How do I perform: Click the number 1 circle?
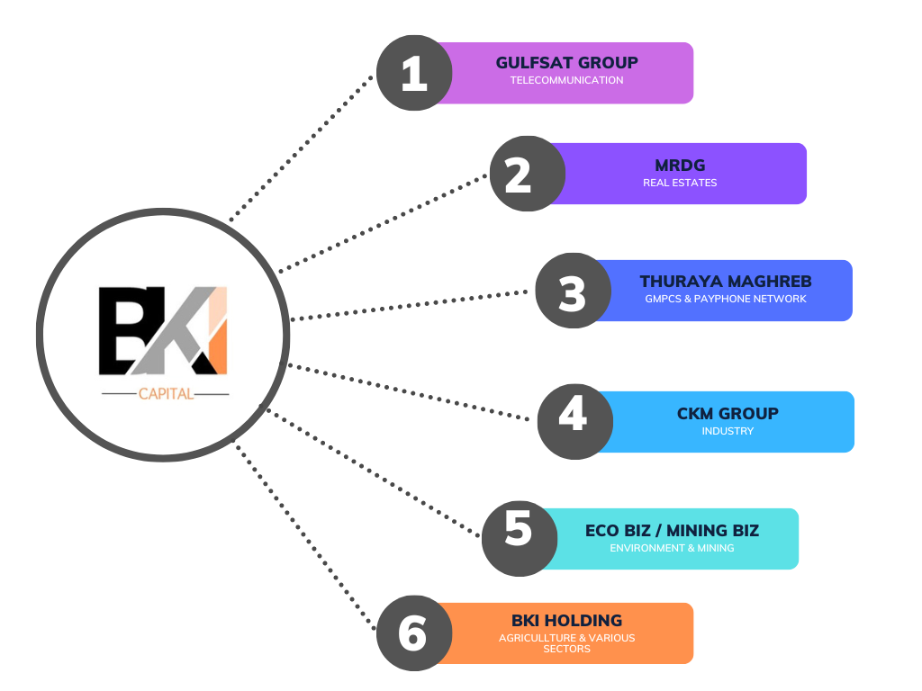coord(413,73)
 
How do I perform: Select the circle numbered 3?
coord(573,291)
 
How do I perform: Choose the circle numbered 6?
coord(413,633)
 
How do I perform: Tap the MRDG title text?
coord(680,166)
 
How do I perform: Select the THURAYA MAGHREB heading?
coord(726,282)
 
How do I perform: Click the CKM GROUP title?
coord(728,414)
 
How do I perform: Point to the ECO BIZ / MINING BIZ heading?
coord(672,531)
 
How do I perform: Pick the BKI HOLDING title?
coord(566,621)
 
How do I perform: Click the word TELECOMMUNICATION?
coord(566,80)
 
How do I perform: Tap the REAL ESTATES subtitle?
coord(680,183)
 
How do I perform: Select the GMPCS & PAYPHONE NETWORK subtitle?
coord(726,299)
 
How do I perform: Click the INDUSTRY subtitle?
coord(728,431)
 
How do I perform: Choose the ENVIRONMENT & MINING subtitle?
coord(672,548)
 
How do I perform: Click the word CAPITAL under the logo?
coord(166,393)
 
